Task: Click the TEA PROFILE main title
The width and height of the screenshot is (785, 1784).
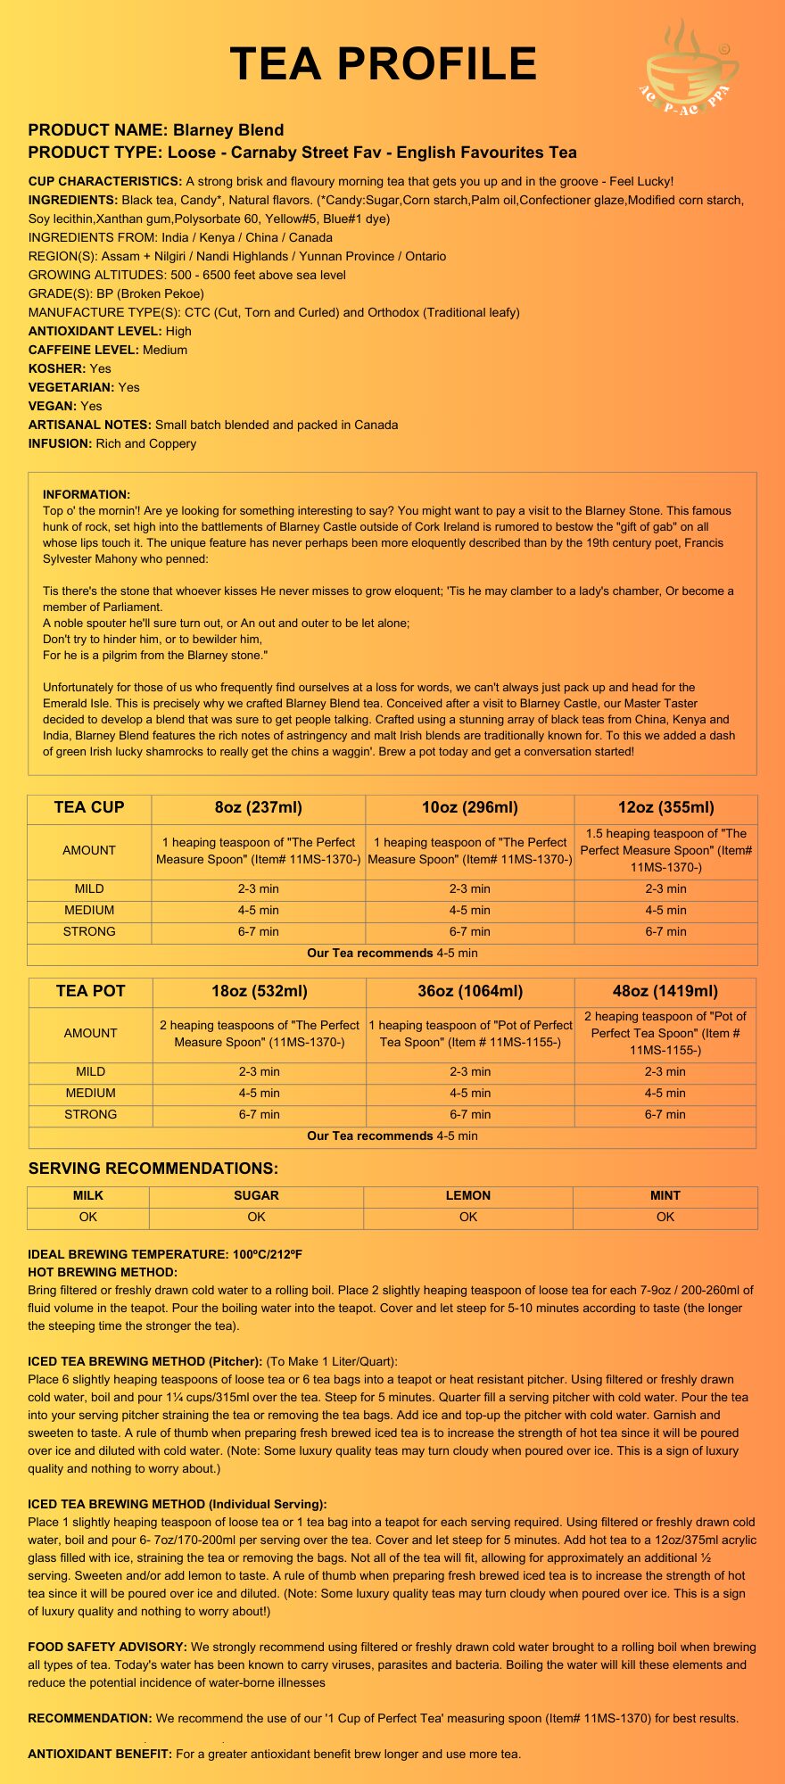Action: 384,64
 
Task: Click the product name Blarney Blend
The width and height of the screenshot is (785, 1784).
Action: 228,130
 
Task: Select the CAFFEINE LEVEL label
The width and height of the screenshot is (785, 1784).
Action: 84,350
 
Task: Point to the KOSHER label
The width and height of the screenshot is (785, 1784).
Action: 57,368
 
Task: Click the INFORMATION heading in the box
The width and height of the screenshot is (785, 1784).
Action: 87,494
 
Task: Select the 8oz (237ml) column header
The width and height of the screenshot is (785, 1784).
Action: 259,808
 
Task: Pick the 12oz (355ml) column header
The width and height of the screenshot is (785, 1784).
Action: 665,808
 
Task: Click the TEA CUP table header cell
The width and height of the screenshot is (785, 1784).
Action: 89,808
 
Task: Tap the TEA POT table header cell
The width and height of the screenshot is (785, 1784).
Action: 90,991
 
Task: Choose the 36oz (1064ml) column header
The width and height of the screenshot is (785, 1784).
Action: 470,991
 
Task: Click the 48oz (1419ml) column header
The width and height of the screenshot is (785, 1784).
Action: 665,991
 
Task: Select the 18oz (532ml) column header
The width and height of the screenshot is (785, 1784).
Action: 260,991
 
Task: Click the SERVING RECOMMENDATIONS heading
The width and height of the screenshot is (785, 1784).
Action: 153,1169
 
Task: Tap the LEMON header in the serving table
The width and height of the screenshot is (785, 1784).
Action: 468,1195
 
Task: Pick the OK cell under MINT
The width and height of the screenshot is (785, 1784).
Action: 665,1217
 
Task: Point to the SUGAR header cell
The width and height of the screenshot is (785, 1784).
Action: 256,1195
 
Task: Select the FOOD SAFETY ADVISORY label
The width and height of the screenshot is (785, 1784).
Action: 107,1647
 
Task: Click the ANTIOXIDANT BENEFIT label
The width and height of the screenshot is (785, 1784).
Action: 100,1754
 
